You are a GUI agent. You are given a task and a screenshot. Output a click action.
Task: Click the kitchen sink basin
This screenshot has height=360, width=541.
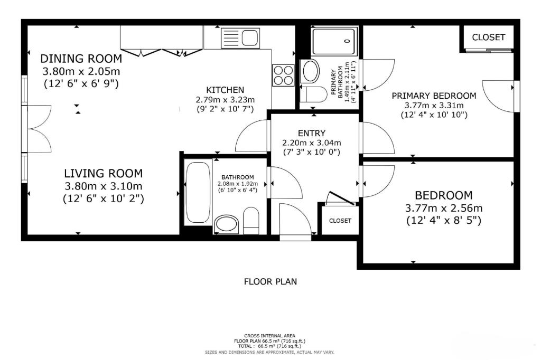pos(250,37)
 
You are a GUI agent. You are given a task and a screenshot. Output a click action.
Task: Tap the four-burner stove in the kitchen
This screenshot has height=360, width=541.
pos(283,75)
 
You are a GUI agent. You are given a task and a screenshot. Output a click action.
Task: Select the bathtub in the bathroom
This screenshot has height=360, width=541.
pos(198,193)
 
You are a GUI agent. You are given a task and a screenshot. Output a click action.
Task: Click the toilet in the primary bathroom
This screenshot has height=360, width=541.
pos(313,94)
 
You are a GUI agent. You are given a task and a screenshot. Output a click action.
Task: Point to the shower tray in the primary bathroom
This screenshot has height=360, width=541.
pos(334,41)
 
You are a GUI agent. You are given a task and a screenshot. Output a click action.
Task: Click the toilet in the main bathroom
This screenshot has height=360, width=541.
pos(251,221)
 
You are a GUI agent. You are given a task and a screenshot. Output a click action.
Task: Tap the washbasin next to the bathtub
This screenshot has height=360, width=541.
pos(226,224)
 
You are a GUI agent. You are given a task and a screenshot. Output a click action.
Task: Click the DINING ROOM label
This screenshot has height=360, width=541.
pos(81,59)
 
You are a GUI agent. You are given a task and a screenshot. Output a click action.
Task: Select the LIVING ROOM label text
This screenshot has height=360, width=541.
pos(103,173)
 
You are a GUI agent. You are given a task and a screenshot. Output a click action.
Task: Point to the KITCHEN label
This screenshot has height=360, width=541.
pos(225,90)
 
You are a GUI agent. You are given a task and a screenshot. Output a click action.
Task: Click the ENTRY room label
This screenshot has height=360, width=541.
pos(312,133)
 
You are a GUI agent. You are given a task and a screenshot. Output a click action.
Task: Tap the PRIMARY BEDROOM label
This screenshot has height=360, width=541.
pos(434,96)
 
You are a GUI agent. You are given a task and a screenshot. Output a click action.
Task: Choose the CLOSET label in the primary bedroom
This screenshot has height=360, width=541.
pos(488,37)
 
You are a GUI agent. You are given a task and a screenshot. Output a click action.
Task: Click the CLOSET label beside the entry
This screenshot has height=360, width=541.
pos(340,221)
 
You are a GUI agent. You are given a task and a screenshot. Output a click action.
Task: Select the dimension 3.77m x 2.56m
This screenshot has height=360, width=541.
pos(443,209)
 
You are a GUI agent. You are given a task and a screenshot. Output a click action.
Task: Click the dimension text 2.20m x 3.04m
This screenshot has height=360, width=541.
pos(312,143)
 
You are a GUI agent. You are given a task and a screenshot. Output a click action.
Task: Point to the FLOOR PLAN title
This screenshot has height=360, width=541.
pos(270,282)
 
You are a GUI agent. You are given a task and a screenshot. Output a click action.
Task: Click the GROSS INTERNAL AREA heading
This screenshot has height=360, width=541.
pos(269,336)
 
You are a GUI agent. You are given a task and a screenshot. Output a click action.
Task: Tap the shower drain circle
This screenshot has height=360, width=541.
pos(347,41)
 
